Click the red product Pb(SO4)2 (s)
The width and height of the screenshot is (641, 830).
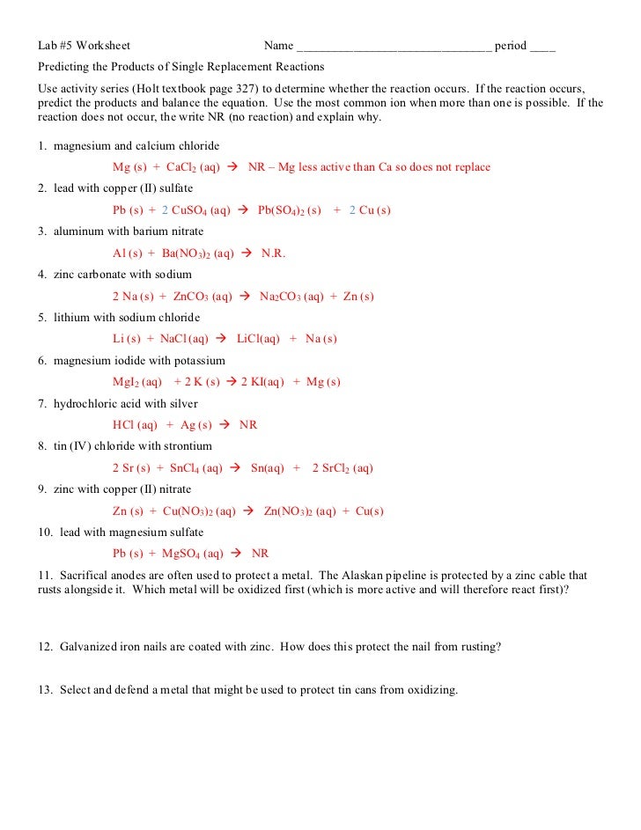290,210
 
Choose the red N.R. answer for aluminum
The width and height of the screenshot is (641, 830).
274,253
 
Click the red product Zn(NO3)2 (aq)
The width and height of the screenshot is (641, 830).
300,511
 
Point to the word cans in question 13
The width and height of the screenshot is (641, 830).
340,690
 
